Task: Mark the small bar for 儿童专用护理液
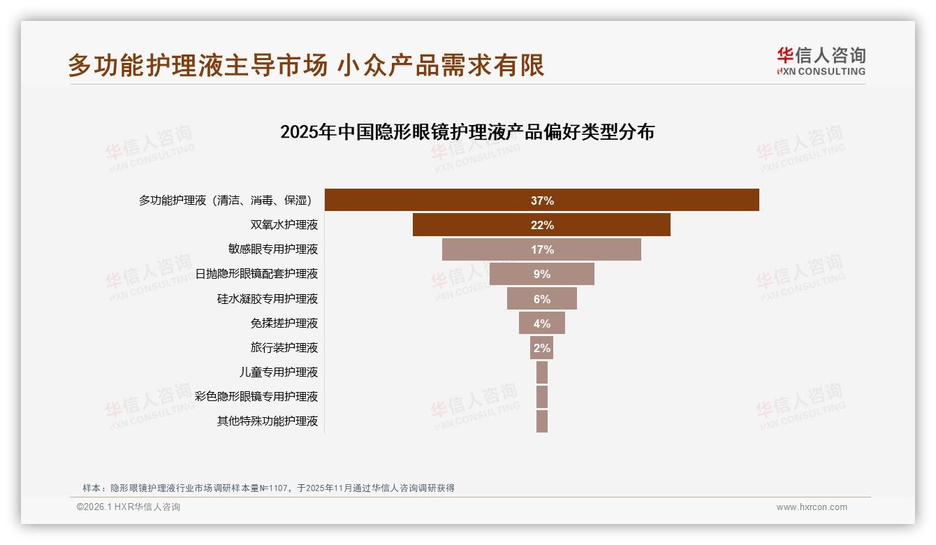click(542, 372)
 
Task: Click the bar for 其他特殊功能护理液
click(542, 421)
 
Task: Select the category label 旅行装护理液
click(284, 347)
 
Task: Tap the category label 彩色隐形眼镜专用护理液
click(256, 396)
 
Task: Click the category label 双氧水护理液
click(284, 225)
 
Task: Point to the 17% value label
click(542, 249)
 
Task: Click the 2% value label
click(542, 348)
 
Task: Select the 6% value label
click(542, 299)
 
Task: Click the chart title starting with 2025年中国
click(467, 131)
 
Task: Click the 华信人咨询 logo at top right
click(821, 61)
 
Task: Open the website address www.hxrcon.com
click(812, 507)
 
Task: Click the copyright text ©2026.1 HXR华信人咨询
click(129, 507)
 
